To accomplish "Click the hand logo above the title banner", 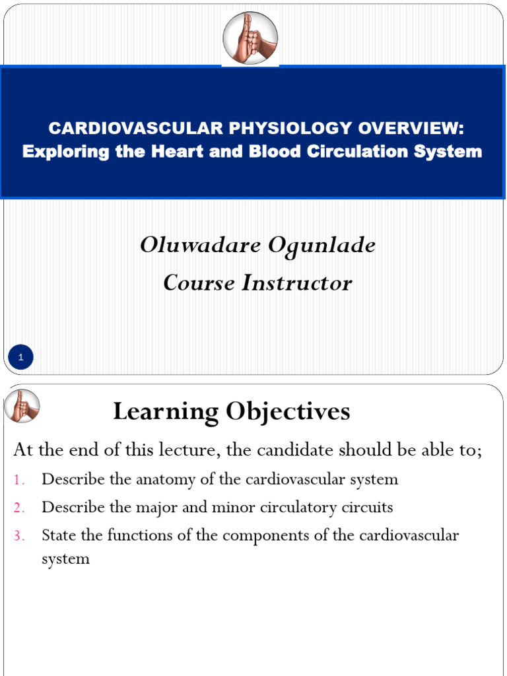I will click(250, 38).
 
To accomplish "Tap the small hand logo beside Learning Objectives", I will click(22, 406).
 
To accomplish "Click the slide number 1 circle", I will click(21, 358).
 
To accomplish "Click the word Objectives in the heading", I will click(288, 412).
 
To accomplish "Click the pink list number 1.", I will click(18, 480).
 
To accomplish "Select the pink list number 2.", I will click(18, 508).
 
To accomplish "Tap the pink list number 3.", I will click(18, 536).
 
